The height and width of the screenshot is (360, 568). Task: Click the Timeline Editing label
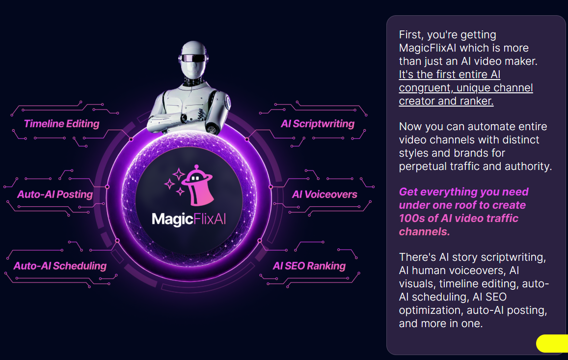pos(61,124)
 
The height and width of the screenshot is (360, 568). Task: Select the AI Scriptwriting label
pos(318,124)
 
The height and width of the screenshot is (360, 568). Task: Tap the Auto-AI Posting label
pos(55,194)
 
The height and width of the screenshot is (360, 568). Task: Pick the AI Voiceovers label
pos(325,194)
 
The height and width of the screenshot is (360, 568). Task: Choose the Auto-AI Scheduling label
pos(60,266)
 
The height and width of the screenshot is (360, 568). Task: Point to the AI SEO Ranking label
pos(309,266)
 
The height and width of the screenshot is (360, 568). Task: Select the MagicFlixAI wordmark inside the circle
pos(189,220)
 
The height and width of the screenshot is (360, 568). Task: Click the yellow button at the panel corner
pos(552,343)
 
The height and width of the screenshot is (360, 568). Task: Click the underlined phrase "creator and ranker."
pos(446,101)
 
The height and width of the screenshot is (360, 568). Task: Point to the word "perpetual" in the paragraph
pos(423,166)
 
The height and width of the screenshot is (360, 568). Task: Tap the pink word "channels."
pos(424,232)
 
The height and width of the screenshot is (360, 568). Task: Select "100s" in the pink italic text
pos(411,218)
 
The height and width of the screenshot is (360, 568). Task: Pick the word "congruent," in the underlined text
pos(426,88)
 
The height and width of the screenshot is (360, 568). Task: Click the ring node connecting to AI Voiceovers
pos(270,187)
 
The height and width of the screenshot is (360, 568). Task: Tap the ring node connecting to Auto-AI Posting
pos(107,187)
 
